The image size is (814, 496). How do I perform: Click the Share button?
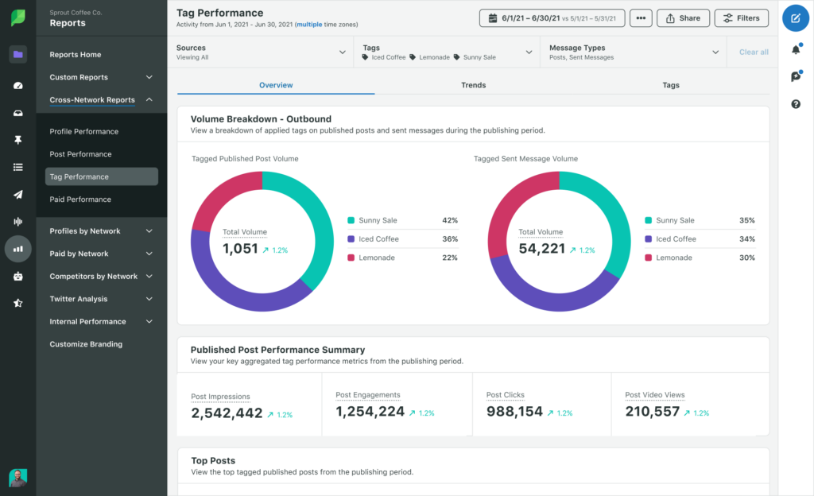(x=683, y=17)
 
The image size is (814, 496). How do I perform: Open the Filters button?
(x=741, y=17)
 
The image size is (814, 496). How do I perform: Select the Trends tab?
(x=473, y=85)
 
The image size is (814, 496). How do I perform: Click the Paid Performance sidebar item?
(x=80, y=200)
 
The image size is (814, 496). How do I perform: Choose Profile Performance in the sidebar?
(x=83, y=132)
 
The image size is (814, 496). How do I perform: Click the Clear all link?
(x=754, y=52)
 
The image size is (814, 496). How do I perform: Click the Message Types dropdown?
(x=634, y=52)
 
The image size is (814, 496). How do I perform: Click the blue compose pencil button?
(x=796, y=17)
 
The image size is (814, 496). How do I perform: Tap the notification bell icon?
(x=796, y=50)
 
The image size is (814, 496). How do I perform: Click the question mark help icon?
(x=796, y=104)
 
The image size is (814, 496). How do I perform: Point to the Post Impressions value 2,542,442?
(x=227, y=413)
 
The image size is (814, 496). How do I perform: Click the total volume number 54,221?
(x=541, y=249)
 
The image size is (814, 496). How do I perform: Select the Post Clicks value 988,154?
(x=514, y=412)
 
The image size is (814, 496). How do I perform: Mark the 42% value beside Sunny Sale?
(x=449, y=220)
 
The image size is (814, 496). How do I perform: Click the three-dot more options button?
(x=641, y=17)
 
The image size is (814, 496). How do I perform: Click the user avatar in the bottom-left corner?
(x=17, y=477)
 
